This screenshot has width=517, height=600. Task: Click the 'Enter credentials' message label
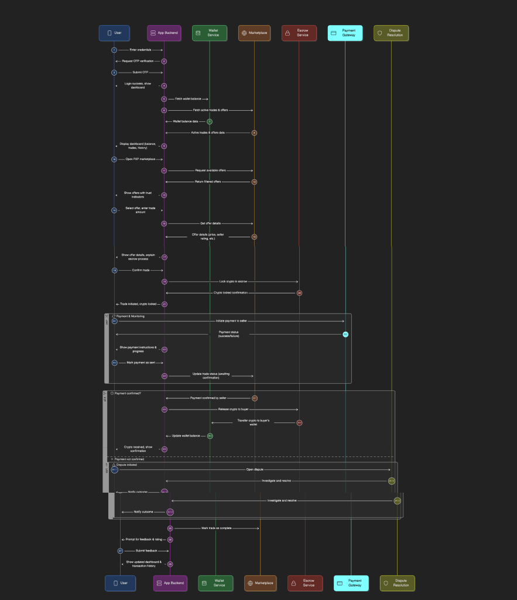coord(141,50)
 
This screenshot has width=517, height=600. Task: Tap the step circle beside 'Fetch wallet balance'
coord(164,99)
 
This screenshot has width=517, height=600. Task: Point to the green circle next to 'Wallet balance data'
coord(210,121)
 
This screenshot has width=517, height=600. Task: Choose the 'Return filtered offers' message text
coord(208,182)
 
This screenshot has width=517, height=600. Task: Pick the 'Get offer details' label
coord(208,223)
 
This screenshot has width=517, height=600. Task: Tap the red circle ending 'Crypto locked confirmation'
coord(299,292)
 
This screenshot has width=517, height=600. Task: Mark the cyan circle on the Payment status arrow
coord(345,334)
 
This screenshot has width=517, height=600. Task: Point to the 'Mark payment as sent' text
coord(141,363)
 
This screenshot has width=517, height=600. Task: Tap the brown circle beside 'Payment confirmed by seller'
coord(255,398)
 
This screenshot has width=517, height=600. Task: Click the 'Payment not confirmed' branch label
coord(129,459)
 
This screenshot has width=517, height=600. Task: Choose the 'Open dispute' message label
coord(254,469)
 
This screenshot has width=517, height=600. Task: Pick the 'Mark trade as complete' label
coord(216,528)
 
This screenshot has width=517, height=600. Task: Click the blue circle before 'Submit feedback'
coord(120,551)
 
